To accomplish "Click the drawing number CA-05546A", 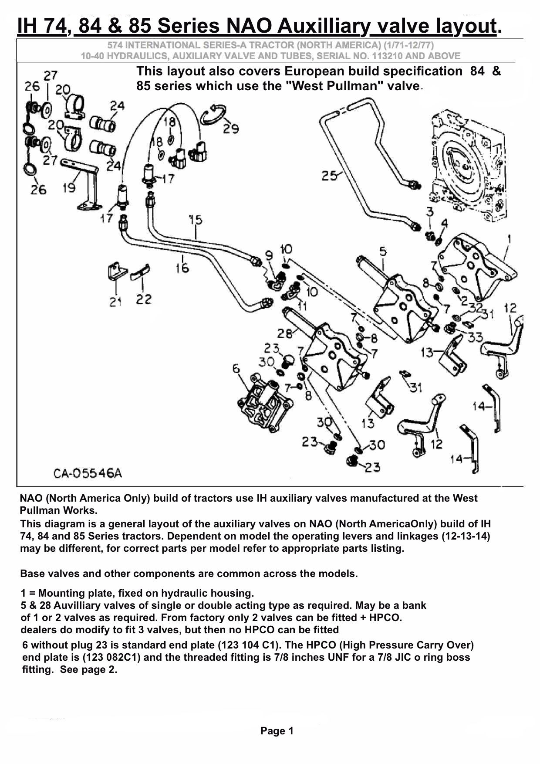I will pos(88,473).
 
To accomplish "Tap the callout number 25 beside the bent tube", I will pos(329,176).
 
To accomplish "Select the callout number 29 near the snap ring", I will pos(231,129).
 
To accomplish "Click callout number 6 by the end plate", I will pos(236,369).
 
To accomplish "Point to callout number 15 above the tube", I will pos(196,220).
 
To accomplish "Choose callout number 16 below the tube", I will pos(182,268).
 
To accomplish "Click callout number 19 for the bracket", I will pos(69,188).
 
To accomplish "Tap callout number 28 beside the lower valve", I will pos(285,334).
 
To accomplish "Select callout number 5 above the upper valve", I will pos(382,251).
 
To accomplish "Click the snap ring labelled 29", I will pos(214,114).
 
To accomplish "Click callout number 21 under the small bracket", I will pos(115,302).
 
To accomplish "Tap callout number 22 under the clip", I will pos(143,299).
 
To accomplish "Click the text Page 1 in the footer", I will pos(277,731).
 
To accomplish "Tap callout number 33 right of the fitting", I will pos(476,336).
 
